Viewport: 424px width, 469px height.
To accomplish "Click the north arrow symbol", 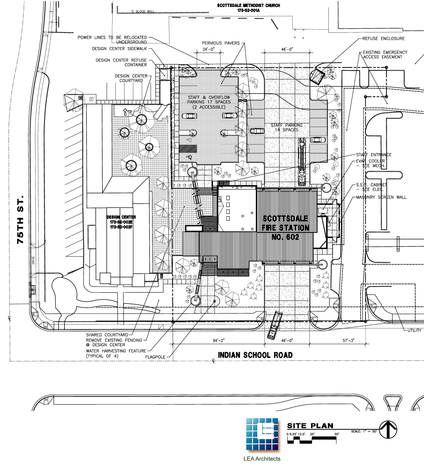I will click(388, 430).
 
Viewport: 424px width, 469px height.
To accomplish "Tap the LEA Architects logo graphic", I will click(262, 434).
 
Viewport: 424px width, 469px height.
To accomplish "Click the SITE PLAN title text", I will click(310, 426).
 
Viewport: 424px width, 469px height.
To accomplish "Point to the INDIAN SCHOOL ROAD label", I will click(255, 355).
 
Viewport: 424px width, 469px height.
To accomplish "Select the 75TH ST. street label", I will click(21, 219).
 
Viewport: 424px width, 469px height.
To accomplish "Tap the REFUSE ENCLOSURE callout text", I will click(383, 39).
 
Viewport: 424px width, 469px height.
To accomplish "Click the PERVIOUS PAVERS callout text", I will click(221, 43).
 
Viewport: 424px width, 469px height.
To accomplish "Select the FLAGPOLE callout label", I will click(155, 357).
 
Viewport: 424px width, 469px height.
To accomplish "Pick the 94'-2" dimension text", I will click(219, 340).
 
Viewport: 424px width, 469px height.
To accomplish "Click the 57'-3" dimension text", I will click(348, 340).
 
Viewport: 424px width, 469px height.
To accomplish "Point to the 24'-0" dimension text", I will click(209, 50).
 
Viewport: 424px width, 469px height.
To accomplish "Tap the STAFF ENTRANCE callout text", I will click(373, 155).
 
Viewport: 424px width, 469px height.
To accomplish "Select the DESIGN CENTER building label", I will click(121, 217).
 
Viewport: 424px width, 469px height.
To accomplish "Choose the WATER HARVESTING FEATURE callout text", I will click(116, 351).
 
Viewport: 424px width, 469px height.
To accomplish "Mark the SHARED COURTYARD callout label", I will click(107, 335).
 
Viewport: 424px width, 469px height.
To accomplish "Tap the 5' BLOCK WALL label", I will click(143, 12).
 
